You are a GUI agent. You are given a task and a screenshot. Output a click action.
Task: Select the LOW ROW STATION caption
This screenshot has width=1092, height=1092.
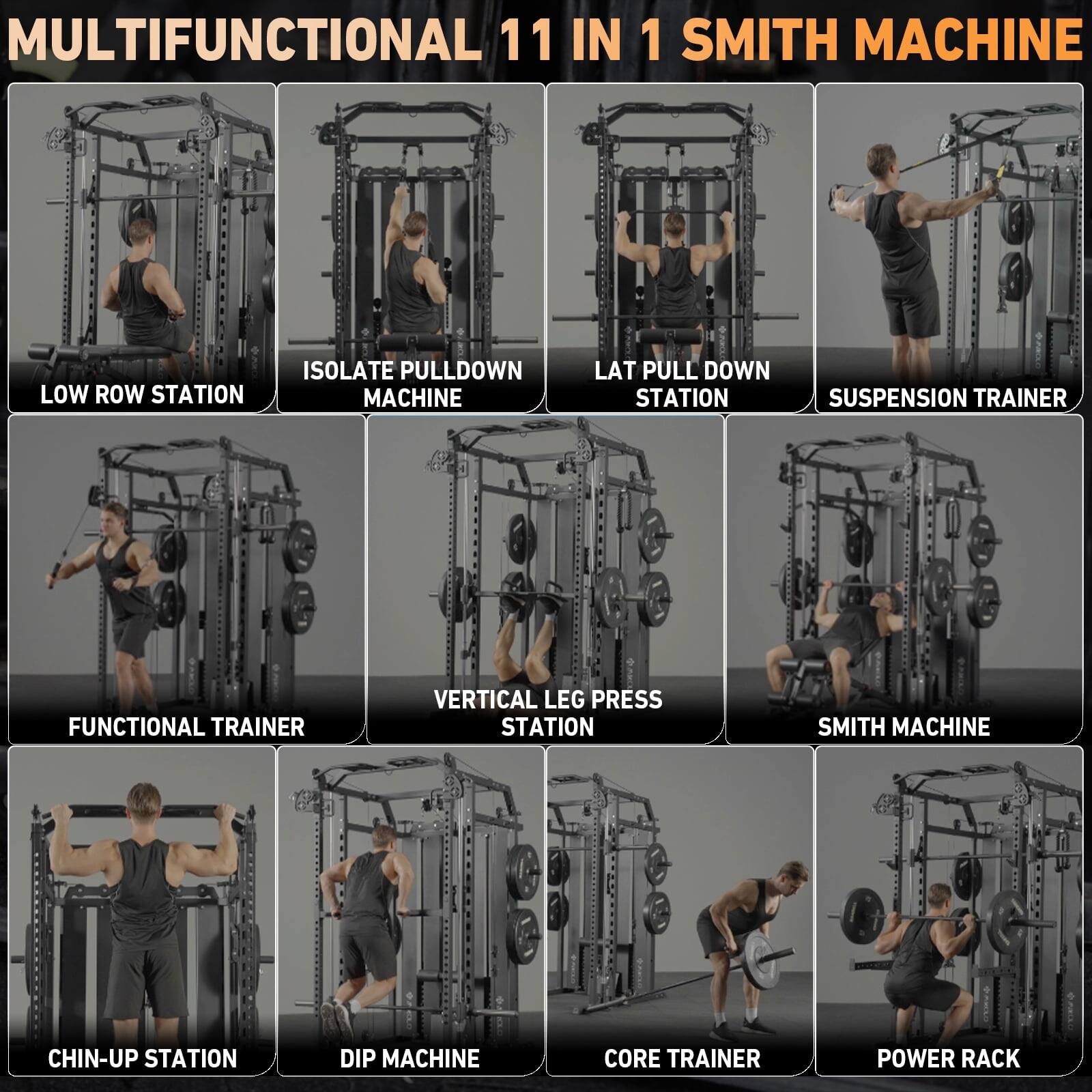click(142, 394)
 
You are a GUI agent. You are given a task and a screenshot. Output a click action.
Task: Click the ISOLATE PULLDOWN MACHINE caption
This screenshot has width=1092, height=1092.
click(412, 384)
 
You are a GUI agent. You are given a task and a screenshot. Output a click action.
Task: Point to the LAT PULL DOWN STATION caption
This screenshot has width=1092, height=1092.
click(681, 384)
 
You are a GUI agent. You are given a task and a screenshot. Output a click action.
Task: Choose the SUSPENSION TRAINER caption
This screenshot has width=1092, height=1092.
click(947, 398)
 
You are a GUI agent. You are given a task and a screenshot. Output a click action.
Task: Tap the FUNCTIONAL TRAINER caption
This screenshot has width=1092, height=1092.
click(186, 727)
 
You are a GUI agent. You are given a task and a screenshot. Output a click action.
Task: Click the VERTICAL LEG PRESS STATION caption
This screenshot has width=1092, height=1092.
click(547, 713)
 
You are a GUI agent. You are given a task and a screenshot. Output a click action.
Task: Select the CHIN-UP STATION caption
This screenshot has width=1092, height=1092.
click(142, 1059)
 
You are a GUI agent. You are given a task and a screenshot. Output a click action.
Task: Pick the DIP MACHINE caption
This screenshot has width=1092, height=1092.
click(409, 1059)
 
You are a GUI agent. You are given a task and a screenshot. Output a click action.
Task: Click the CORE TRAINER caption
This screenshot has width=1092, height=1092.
click(681, 1059)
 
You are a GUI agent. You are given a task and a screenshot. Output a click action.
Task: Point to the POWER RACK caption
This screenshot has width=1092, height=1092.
click(948, 1059)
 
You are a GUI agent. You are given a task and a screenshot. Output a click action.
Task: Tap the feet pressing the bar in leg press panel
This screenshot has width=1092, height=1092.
click(526, 603)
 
